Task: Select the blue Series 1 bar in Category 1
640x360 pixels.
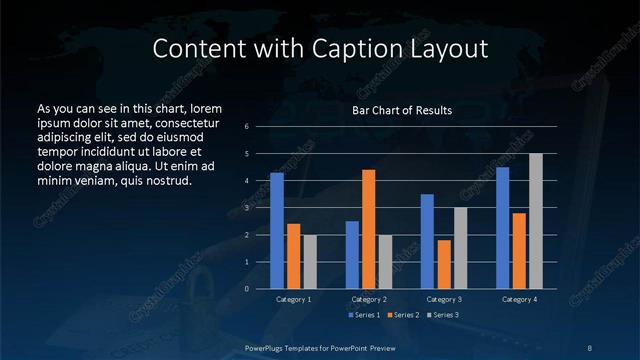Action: coord(277,230)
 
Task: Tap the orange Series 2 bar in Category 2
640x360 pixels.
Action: coord(369,229)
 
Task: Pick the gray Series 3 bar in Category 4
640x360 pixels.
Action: coord(536,221)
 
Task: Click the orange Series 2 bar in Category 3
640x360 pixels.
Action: coord(444,264)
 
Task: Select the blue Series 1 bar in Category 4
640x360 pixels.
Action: coord(503,227)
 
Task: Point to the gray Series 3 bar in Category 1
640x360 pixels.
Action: coord(310,261)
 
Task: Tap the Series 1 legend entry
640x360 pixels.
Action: coord(366,316)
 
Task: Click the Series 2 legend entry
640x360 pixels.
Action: coord(404,316)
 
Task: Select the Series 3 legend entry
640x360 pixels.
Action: coord(443,316)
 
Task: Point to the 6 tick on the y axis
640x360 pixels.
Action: coord(247,127)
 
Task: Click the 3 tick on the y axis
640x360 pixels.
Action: coord(247,208)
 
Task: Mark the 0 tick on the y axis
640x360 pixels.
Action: coord(247,289)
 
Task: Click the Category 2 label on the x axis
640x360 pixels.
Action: coord(369,299)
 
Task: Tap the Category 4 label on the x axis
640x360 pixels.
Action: coord(519,299)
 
